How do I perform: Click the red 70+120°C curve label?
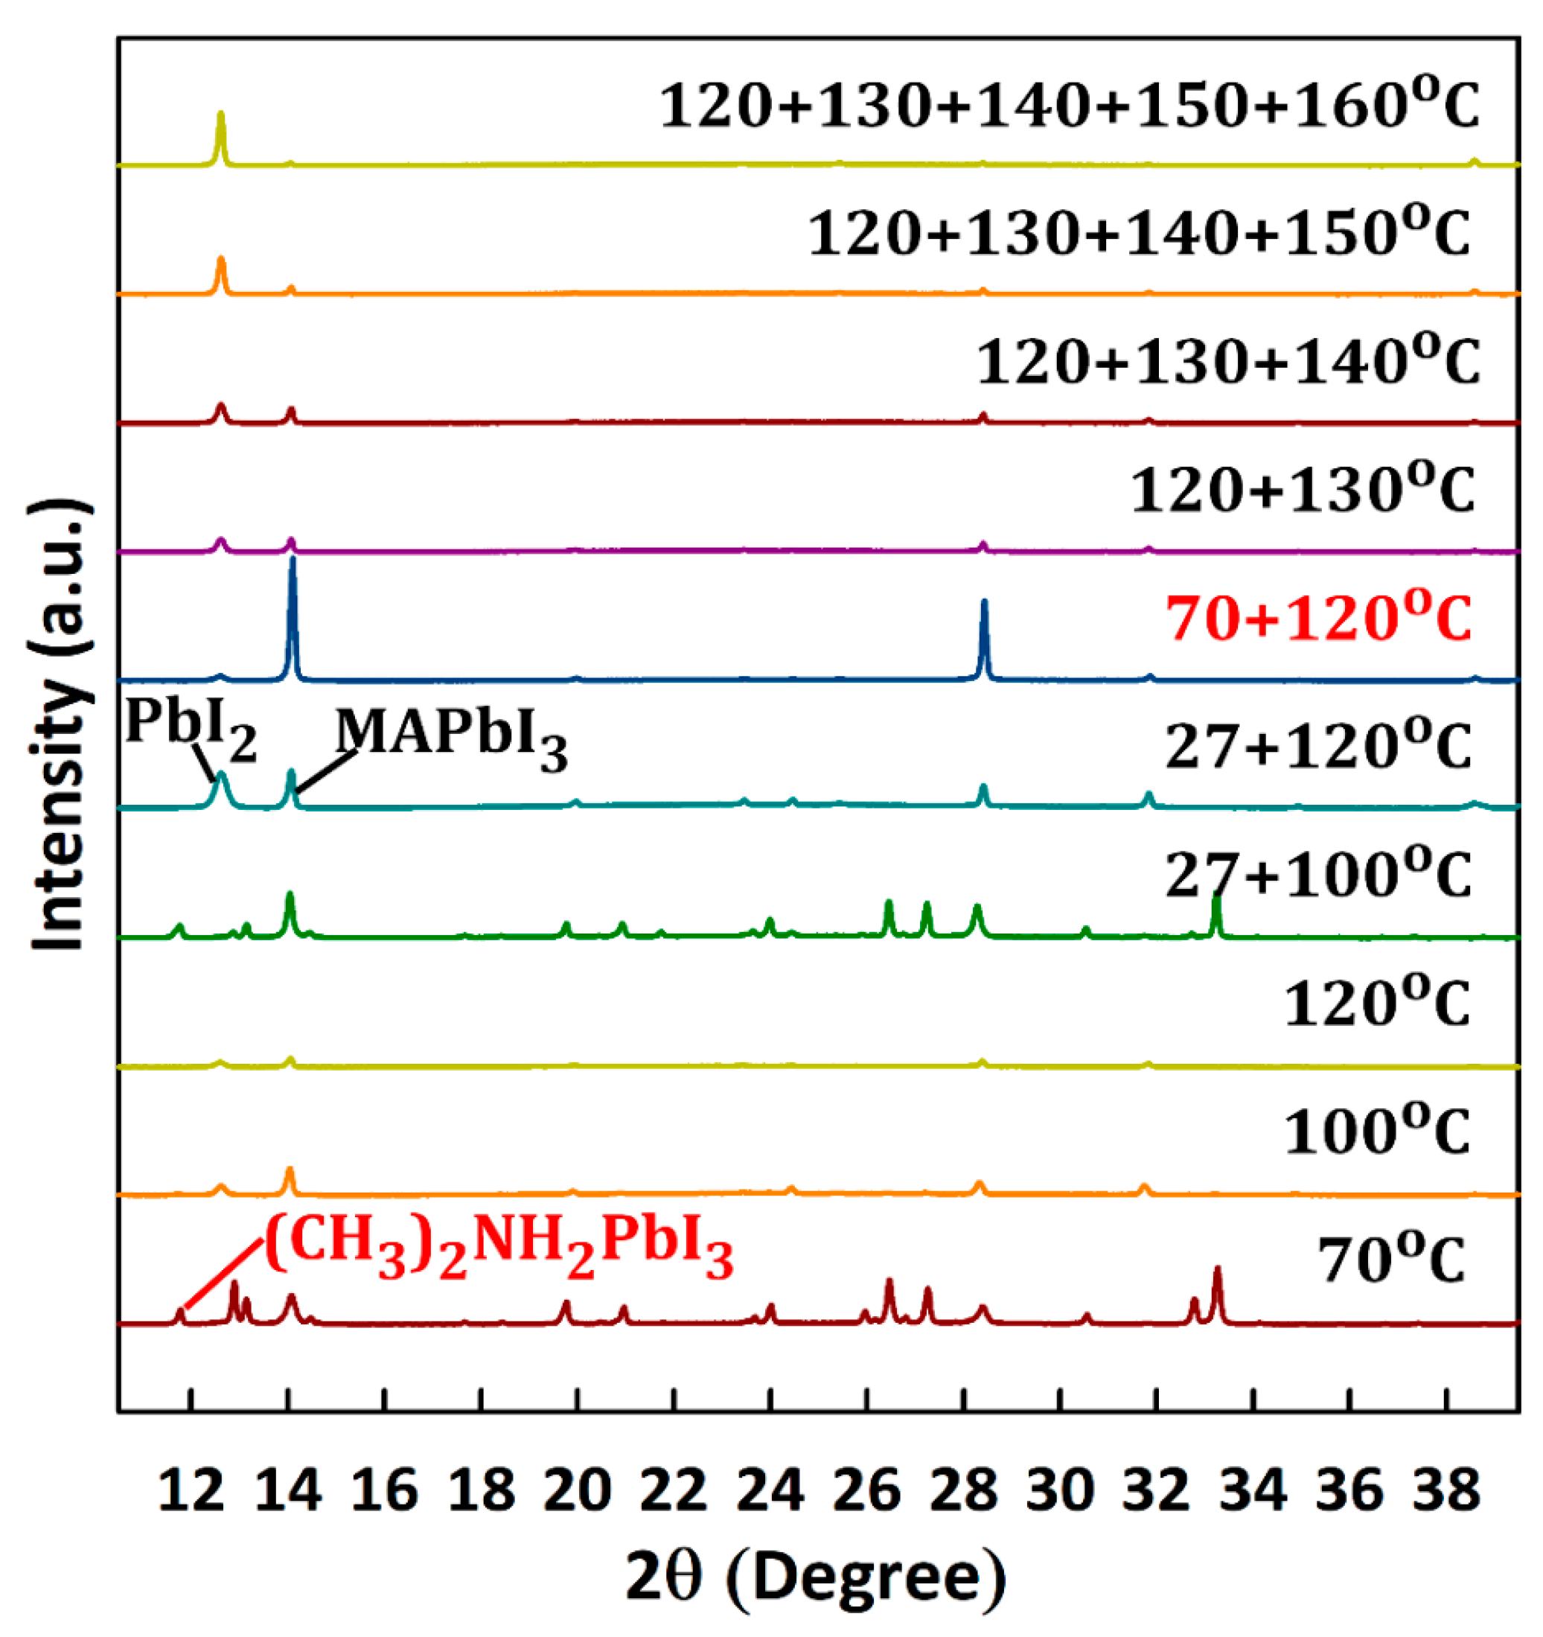pos(1318,620)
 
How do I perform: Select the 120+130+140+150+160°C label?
pos(1069,107)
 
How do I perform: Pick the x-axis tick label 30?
pos(1060,1490)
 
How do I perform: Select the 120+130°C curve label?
pos(1303,492)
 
